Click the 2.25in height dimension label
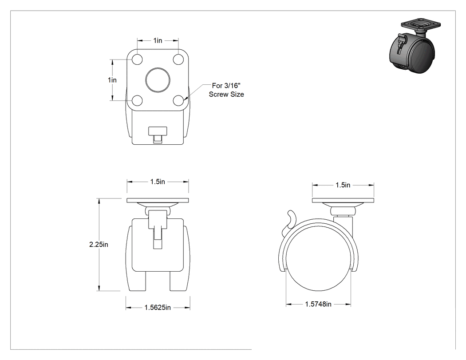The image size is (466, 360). point(99,244)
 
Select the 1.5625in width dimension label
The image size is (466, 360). point(158,307)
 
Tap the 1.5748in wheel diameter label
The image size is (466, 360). point(318,304)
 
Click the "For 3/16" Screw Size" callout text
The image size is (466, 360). point(226,90)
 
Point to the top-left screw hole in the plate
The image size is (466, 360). point(137,59)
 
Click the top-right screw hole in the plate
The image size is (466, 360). point(178,59)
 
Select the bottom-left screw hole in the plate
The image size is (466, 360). point(137,100)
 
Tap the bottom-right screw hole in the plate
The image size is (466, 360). point(178,100)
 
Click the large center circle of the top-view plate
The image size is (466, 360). point(158,79)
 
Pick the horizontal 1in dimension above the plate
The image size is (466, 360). point(158,40)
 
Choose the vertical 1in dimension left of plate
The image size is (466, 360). point(112,80)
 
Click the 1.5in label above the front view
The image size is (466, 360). point(158,182)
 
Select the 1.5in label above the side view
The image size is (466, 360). point(343,185)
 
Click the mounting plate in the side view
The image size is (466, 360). point(343,200)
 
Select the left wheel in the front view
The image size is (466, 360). point(136,258)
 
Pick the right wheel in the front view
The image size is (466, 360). point(179,258)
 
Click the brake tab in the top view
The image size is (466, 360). point(158,135)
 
